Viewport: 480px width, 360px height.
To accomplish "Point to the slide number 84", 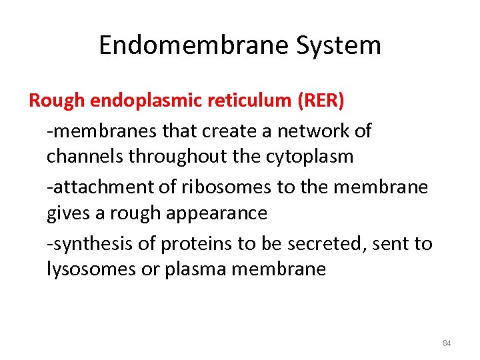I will [x=447, y=343].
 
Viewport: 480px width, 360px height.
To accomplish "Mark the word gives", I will [x=67, y=213].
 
